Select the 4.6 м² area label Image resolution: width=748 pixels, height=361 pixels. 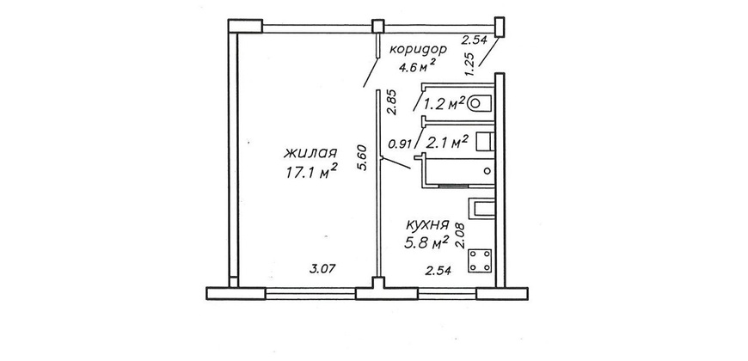coord(417,65)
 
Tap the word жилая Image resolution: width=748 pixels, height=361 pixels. coord(310,154)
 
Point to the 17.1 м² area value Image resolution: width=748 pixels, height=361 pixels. coord(311,171)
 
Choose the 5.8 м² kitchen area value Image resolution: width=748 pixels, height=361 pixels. coord(426,242)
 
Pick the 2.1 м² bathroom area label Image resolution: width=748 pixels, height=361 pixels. coord(447,142)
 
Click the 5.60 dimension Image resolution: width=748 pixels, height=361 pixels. coord(364,158)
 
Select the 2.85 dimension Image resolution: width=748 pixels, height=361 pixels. coord(392,103)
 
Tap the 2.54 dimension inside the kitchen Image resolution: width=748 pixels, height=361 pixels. coord(438,271)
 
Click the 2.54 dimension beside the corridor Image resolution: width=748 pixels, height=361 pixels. coord(474,40)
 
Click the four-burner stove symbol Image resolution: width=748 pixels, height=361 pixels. coord(480,262)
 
